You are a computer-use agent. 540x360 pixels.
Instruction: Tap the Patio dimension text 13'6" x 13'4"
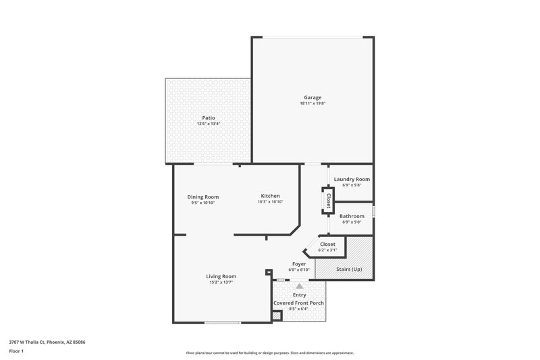click(208, 124)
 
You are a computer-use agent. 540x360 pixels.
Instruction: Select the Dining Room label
click(202, 197)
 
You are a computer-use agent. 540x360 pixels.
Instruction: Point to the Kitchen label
click(270, 196)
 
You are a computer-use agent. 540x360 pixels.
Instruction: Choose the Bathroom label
click(352, 216)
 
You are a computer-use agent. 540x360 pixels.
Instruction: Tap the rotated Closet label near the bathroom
click(328, 201)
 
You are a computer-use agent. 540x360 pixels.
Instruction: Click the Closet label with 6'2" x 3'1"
click(327, 244)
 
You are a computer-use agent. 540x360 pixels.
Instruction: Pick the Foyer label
click(300, 263)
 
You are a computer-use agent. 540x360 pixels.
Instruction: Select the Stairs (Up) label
click(348, 269)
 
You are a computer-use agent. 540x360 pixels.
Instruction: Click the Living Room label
click(221, 276)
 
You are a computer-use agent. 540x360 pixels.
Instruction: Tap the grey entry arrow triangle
click(299, 286)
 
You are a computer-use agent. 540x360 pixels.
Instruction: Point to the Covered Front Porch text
click(298, 303)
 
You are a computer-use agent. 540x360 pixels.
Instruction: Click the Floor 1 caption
click(17, 351)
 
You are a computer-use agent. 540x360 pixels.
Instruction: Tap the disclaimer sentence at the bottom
click(269, 353)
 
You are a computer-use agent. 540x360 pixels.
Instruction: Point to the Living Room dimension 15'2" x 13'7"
click(221, 282)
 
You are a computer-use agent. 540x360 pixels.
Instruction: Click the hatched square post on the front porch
click(276, 315)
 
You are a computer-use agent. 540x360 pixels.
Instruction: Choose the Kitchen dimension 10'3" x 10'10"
click(270, 202)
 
